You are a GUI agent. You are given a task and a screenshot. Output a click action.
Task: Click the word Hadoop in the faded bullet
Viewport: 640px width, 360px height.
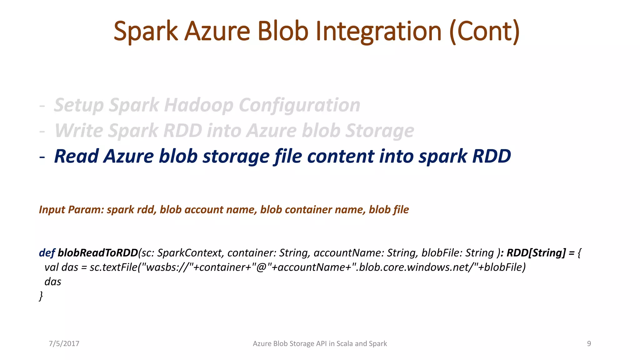[x=199, y=105]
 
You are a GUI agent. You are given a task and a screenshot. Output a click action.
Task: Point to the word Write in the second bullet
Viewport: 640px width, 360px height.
[x=80, y=131]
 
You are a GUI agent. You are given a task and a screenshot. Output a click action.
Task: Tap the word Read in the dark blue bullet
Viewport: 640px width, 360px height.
[x=77, y=156]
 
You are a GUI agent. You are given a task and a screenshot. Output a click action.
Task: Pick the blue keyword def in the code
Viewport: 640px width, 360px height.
[x=47, y=252]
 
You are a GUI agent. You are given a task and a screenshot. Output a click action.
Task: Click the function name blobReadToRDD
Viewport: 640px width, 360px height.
[x=98, y=252]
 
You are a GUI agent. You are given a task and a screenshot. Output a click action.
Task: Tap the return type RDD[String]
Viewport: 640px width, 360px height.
[x=536, y=252]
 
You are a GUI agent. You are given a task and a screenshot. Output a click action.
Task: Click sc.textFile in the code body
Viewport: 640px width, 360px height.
[x=113, y=267]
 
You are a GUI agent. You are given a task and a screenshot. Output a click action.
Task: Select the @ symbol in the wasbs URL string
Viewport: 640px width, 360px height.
[x=261, y=267]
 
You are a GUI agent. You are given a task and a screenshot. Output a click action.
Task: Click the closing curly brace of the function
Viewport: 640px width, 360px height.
[x=41, y=295]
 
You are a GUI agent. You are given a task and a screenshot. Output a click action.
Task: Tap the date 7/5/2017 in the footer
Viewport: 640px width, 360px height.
[x=64, y=343]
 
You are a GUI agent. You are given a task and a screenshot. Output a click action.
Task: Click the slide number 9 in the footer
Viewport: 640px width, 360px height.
[x=589, y=343]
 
